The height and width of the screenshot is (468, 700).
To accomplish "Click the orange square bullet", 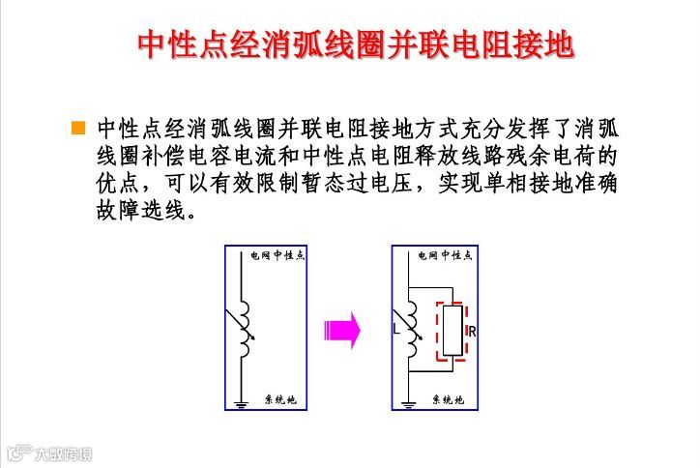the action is tap(78, 129).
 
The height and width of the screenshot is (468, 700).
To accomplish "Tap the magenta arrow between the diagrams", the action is tap(342, 330).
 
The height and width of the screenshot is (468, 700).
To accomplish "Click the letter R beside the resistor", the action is tap(472, 331).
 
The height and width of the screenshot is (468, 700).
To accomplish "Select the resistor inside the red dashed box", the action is tap(452, 331).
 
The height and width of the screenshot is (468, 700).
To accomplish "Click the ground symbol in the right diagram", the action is tap(409, 402).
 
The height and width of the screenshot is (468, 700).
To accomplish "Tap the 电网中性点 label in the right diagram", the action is tap(446, 256).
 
